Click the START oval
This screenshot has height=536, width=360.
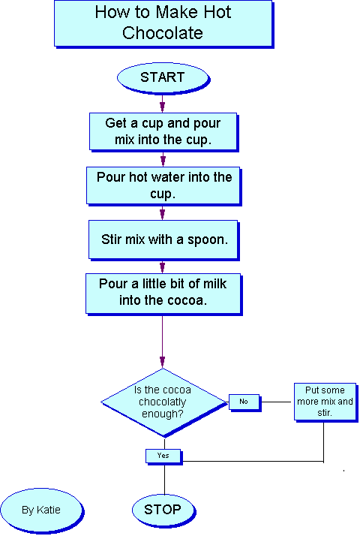tap(163, 78)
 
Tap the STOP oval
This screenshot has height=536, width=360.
tap(163, 510)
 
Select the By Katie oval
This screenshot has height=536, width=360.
tap(42, 510)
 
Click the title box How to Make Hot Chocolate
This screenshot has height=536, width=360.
tap(164, 24)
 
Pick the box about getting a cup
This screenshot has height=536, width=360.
tap(163, 132)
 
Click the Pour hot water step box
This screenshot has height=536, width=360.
tap(164, 186)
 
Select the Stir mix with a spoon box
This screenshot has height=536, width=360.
tap(164, 240)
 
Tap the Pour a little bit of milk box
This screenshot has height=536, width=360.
tap(164, 294)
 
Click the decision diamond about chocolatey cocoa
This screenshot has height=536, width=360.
tap(163, 402)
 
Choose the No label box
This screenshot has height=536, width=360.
tap(244, 402)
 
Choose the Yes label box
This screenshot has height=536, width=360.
tap(163, 456)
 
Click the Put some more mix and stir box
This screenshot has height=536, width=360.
tap(325, 402)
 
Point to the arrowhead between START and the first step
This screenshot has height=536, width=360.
tap(162, 106)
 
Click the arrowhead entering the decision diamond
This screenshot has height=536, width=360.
tap(162, 362)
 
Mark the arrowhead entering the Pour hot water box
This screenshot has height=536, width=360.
tap(163, 161)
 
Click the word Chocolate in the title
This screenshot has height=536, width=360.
tap(163, 33)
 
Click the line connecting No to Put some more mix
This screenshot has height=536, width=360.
tap(277, 402)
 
